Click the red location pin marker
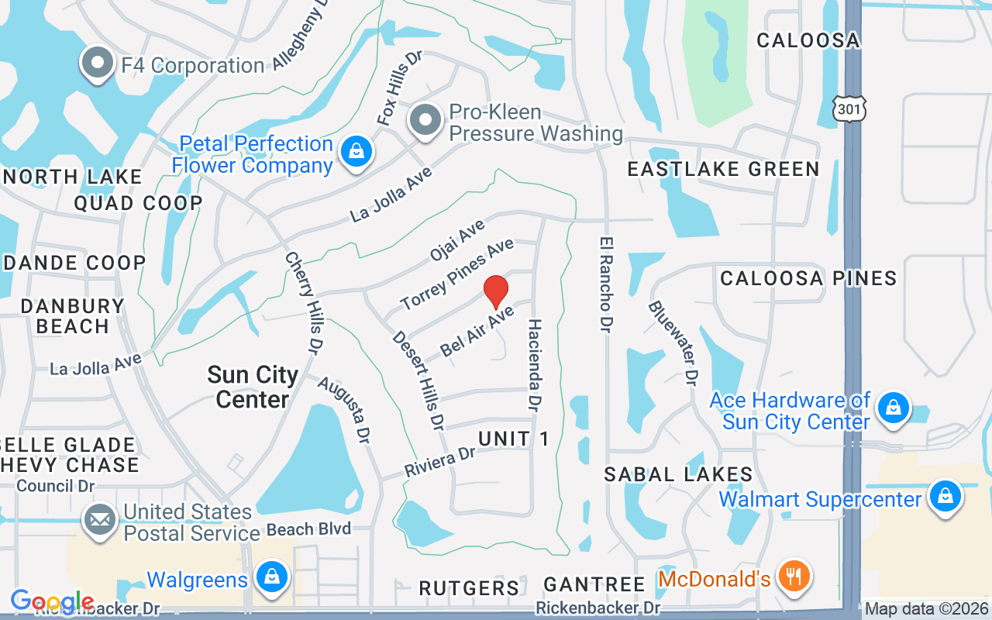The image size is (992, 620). pos(496,292)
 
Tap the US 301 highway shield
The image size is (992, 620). pos(849,109)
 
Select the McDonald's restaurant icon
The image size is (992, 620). pos(794,577)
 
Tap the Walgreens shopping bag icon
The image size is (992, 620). pos(272,578)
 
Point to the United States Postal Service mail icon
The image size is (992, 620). pos(99,521)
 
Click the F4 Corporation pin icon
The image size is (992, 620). pos(98,65)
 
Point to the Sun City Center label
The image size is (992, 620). pos(253,387)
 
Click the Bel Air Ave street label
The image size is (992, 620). pos(477,331)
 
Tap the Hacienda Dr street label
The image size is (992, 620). pos(535,364)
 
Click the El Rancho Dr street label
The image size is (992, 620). pos(605,285)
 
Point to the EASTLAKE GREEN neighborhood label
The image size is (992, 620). pos(723,169)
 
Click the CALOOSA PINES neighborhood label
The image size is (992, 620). pos(808,278)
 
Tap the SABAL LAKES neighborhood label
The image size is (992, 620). pos(678,474)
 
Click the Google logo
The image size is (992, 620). pos(52,601)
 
